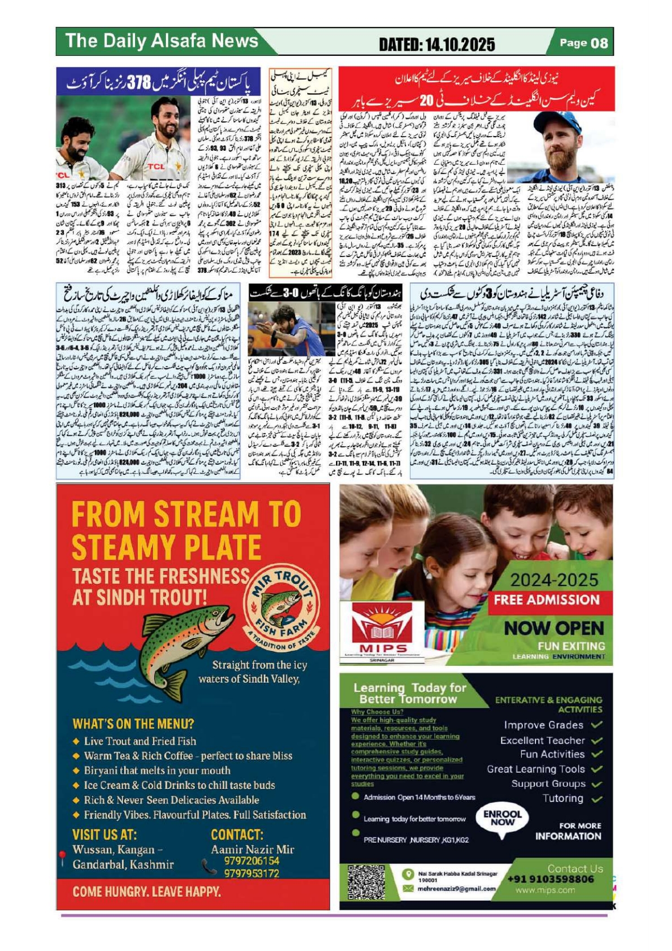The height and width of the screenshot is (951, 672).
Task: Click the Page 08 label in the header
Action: point(583,43)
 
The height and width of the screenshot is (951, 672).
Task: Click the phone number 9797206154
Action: point(251,861)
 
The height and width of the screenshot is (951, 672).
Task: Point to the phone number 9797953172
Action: point(251,873)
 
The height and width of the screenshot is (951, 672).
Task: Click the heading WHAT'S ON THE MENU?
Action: point(133,724)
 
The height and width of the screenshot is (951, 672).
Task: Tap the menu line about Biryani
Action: point(157,770)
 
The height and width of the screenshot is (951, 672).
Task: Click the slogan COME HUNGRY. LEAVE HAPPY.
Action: point(147,892)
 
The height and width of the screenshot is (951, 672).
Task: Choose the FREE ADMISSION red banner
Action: point(546,600)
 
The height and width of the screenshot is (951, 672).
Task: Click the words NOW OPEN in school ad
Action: point(554,628)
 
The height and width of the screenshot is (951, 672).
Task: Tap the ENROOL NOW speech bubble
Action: point(502,818)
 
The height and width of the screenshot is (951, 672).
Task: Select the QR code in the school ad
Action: point(366,882)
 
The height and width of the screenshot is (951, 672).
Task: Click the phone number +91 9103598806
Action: point(551,879)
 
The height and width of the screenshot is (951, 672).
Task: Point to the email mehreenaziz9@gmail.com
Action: point(456,888)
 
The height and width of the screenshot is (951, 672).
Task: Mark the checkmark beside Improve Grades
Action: point(597,725)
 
